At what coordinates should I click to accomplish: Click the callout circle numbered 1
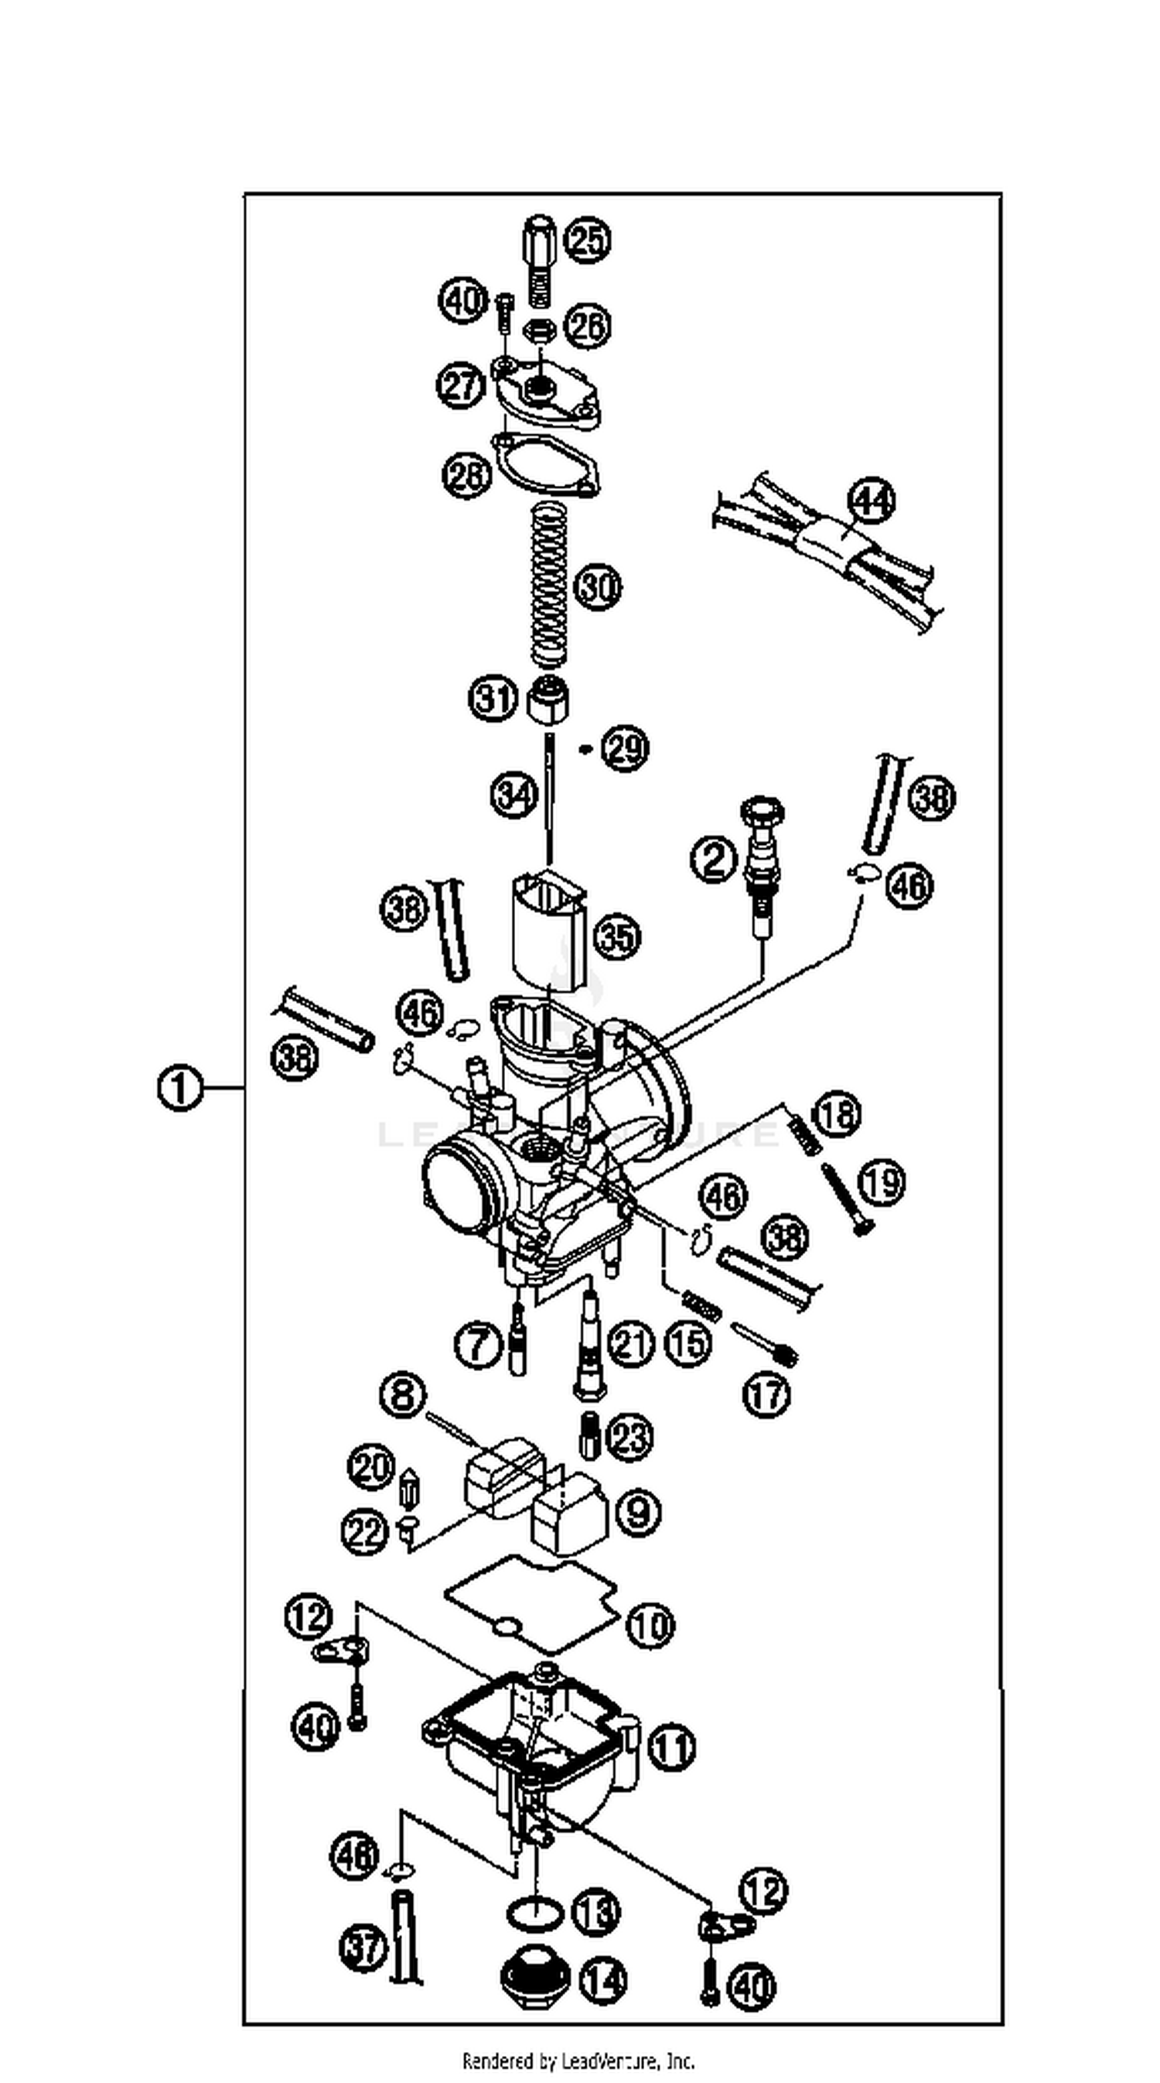179,1088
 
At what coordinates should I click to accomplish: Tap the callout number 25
587,240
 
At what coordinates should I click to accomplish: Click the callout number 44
872,501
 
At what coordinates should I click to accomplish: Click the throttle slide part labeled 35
548,929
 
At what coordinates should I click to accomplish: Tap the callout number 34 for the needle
514,795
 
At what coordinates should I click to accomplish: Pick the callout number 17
766,1394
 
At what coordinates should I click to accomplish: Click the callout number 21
629,1344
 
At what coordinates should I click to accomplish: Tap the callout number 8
403,1394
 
